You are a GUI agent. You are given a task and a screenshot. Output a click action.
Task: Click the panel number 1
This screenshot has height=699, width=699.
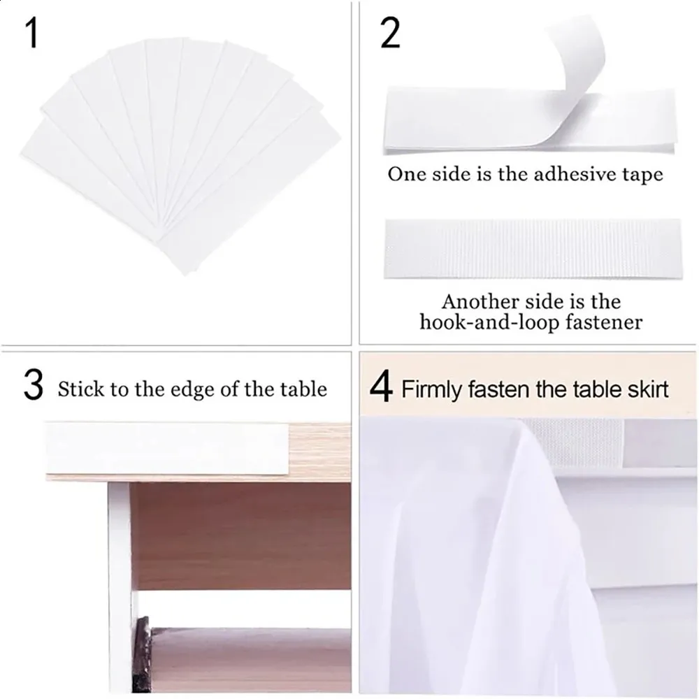click(x=32, y=34)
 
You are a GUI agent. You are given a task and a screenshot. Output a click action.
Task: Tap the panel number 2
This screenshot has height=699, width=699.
click(x=390, y=34)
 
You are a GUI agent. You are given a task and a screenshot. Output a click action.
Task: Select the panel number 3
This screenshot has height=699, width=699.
click(x=34, y=387)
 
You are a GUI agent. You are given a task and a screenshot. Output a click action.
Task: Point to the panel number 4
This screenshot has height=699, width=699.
click(x=381, y=388)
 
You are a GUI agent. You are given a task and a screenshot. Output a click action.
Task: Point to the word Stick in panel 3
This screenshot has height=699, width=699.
click(x=80, y=389)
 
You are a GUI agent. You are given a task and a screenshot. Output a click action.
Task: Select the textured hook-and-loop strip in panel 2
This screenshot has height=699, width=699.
click(x=533, y=249)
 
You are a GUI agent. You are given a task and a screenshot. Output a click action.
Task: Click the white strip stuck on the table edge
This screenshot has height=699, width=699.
click(x=167, y=448)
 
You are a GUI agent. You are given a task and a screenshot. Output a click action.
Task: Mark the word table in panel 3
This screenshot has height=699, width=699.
click(x=303, y=389)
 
